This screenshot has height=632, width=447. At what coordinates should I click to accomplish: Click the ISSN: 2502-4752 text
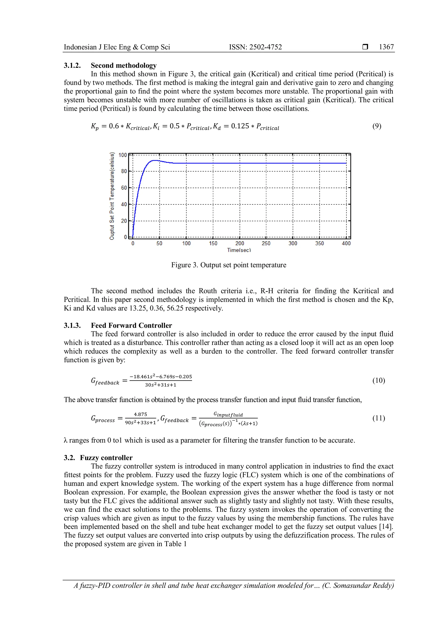pos(255,47)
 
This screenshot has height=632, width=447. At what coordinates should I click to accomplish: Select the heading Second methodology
pos(124,65)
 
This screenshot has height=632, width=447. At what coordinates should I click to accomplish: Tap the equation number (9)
pos(377,126)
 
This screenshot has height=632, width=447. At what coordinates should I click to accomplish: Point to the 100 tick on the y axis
pos(122,155)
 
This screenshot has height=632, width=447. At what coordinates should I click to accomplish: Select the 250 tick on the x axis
pos(266,243)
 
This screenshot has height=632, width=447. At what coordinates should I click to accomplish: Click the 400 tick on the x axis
pos(346,243)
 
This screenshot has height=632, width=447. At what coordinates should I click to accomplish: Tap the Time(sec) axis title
pos(239,250)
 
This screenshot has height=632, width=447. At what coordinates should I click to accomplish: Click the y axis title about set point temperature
pos(112,196)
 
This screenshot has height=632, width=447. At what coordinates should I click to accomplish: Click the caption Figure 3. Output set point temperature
pos(229,265)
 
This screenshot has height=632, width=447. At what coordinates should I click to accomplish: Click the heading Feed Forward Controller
pos(131,325)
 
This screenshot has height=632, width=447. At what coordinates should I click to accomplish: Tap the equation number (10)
pos(378,380)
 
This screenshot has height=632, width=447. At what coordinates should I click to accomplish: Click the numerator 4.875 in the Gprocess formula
pos(140,414)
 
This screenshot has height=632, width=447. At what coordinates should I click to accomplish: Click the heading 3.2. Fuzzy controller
pos(98,458)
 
